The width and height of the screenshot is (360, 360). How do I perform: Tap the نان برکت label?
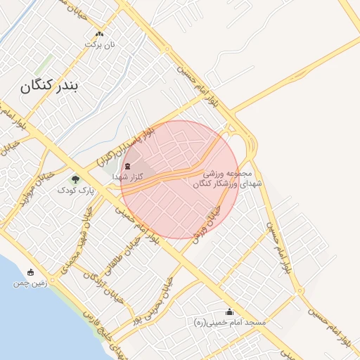[99, 44]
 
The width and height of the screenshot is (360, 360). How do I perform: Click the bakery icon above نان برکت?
[99, 33]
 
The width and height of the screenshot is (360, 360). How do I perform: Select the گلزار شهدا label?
[127, 178]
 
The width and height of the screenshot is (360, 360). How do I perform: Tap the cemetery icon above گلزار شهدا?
[127, 167]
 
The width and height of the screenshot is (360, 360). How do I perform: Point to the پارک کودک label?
[75, 191]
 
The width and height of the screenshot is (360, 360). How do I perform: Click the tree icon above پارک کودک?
[75, 179]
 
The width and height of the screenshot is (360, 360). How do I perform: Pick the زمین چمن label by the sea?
[30, 284]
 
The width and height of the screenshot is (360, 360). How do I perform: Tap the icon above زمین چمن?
[30, 273]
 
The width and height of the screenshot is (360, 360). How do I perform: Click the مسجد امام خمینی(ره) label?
[229, 322]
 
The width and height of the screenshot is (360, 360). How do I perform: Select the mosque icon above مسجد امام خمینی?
[229, 311]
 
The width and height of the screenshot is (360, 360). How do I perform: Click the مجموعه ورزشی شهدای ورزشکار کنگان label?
[226, 178]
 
